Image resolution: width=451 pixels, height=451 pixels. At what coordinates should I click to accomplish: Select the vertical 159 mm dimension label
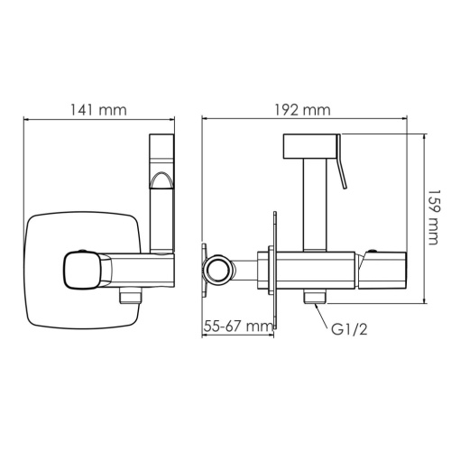[x=436, y=216]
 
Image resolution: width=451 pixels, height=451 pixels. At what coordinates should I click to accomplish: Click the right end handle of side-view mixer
[x=384, y=268]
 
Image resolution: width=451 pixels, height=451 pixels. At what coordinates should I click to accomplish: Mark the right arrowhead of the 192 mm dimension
[x=401, y=118]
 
